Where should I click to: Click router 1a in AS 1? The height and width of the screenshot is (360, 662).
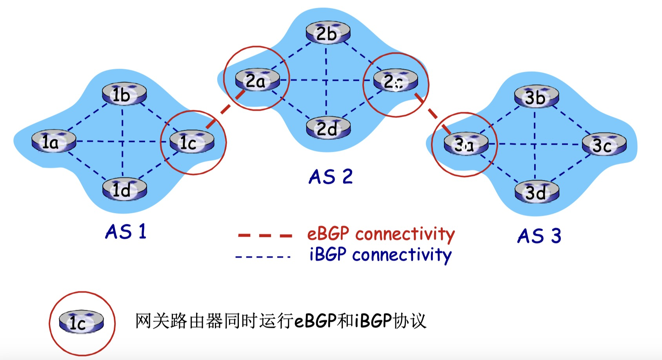(x=53, y=142)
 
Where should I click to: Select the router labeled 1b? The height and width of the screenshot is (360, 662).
(x=124, y=94)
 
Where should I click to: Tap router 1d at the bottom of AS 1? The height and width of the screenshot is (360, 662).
(x=124, y=190)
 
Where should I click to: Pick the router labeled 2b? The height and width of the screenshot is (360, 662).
(x=327, y=33)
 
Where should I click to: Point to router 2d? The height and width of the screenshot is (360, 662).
(x=327, y=128)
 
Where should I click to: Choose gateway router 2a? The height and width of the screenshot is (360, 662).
(x=257, y=81)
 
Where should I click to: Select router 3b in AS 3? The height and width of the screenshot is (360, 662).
(x=536, y=96)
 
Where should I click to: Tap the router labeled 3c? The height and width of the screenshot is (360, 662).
(x=604, y=145)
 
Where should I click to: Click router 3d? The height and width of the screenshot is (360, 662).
(x=536, y=192)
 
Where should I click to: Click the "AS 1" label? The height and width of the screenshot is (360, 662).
(x=126, y=231)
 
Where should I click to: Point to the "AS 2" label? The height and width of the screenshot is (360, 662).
(x=331, y=176)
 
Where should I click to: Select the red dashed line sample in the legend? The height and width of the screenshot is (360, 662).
(x=265, y=235)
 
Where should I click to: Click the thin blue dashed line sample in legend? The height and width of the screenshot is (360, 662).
(x=263, y=257)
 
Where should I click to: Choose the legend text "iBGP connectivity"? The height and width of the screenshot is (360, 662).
(x=380, y=255)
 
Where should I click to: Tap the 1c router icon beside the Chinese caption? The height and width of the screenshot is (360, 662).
(x=81, y=322)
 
